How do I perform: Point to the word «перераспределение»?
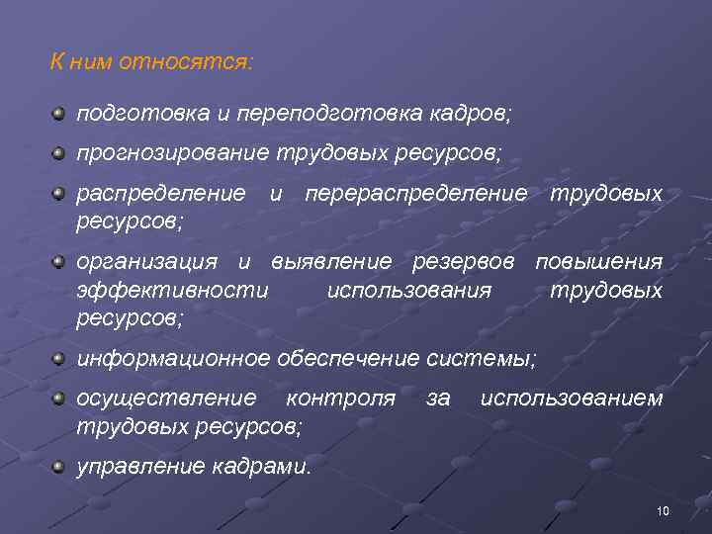pos(416,192)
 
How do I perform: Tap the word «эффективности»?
pos(172,291)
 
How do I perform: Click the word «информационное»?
pos(173,357)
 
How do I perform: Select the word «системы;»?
pos(492,357)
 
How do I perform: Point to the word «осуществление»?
pos(166,398)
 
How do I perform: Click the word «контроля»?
pos(340,398)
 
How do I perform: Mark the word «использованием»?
pos(571,398)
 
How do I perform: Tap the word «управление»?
pos(140,465)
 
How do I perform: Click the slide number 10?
pos(663,510)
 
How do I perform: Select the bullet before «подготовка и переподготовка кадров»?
pos(60,114)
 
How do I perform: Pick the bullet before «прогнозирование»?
pos(60,153)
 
